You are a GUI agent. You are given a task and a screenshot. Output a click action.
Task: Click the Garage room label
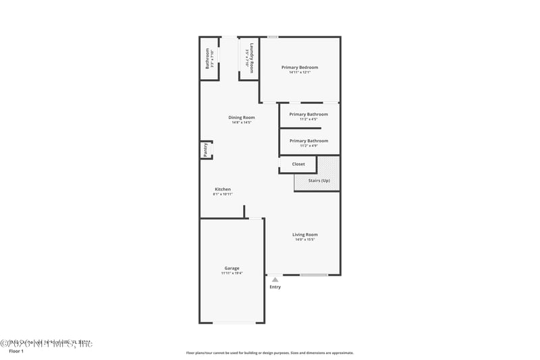click(x=232, y=268)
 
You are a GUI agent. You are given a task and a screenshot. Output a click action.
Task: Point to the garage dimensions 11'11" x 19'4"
click(x=232, y=274)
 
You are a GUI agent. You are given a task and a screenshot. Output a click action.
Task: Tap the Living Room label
click(x=305, y=234)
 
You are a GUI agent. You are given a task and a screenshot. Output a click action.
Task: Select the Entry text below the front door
click(x=275, y=287)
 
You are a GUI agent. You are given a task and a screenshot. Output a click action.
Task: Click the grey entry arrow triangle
click(x=275, y=279)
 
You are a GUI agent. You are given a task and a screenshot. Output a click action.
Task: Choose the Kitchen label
click(x=223, y=189)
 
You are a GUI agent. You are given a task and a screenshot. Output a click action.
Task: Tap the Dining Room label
click(x=242, y=118)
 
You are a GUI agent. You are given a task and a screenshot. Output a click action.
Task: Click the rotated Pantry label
click(x=205, y=150)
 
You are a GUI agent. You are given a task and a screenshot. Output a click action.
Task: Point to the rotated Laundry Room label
click(x=252, y=58)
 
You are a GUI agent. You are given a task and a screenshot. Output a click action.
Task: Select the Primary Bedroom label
click(x=300, y=68)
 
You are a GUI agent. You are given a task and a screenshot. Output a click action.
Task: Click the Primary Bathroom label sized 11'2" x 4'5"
click(x=308, y=114)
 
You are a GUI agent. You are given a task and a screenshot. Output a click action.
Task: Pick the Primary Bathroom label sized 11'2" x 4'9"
click(x=308, y=140)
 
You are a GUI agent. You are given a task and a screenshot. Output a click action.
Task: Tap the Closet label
click(x=298, y=164)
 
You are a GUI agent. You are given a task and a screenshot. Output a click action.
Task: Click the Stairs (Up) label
click(x=319, y=180)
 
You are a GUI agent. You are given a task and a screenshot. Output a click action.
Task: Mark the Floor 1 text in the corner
click(x=16, y=351)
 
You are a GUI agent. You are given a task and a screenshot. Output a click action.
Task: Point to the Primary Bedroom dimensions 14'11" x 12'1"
click(x=300, y=73)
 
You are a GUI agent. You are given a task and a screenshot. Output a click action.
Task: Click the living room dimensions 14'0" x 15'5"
click(x=305, y=240)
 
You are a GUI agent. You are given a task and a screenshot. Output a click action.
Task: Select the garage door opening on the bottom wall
click(x=234, y=322)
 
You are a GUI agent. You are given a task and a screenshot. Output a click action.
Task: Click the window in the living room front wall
click(x=314, y=275)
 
